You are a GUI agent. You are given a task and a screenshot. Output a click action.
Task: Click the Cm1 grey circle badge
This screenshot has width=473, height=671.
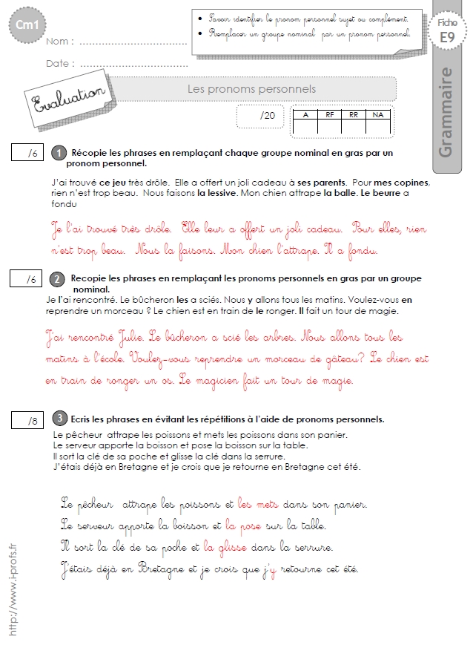(27, 24)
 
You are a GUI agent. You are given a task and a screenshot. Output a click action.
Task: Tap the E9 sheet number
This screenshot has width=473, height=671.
(447, 37)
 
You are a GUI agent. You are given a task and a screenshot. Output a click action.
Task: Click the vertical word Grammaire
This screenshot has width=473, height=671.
(446, 112)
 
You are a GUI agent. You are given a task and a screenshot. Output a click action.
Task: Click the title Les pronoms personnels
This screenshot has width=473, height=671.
(251, 89)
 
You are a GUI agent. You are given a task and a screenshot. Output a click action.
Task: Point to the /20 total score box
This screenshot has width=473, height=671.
(260, 116)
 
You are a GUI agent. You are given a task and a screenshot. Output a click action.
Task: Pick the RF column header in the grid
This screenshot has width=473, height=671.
(329, 115)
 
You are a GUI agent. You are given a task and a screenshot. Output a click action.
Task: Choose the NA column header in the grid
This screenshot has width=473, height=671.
(377, 115)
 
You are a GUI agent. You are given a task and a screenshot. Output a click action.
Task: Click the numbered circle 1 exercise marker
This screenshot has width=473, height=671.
(59, 153)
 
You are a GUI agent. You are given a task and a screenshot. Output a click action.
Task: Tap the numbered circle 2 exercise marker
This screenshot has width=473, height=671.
(57, 279)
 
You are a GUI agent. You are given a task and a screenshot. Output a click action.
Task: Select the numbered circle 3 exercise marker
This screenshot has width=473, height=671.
(60, 418)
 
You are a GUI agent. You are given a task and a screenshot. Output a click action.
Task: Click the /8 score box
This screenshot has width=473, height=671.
(27, 420)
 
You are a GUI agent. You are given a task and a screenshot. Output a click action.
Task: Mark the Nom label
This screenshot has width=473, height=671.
(60, 42)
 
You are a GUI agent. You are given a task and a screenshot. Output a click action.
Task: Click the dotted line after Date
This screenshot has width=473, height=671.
(133, 65)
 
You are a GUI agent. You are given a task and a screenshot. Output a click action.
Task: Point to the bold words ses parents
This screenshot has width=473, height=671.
(321, 183)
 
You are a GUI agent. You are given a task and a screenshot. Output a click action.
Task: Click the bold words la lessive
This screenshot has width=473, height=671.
(216, 193)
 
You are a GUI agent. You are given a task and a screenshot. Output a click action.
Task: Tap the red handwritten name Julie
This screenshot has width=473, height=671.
(130, 336)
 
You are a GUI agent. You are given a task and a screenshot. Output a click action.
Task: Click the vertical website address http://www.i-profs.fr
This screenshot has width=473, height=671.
(13, 589)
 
